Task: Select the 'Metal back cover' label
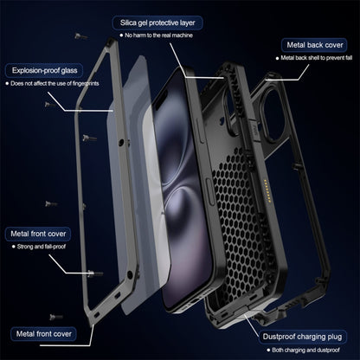(x=317, y=43)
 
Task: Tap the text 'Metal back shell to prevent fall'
(x=320, y=59)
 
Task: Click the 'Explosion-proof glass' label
(x=47, y=70)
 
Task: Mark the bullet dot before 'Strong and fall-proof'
(x=13, y=247)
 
